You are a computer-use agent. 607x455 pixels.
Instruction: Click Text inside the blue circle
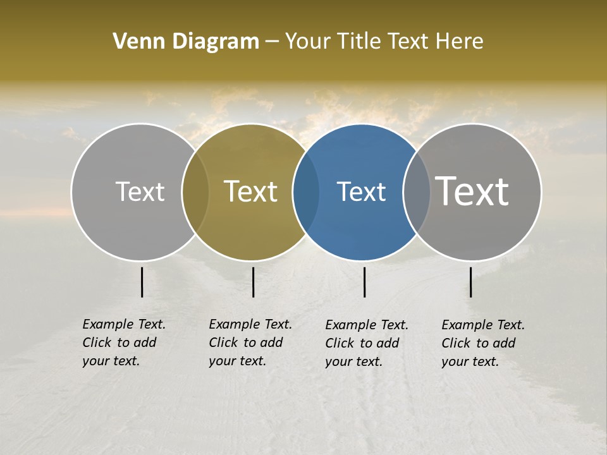[x=361, y=192]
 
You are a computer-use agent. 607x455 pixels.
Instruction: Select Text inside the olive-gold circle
[x=250, y=191]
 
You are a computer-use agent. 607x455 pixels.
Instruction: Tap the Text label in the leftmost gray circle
[x=140, y=191]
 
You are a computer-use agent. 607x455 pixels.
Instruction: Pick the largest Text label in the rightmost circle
[x=472, y=191]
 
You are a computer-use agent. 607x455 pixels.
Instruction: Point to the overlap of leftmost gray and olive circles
[x=195, y=192]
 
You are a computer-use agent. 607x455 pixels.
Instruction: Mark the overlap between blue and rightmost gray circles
[x=416, y=192]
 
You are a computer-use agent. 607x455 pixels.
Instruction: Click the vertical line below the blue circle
[x=365, y=282]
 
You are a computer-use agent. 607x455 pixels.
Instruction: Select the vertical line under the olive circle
[x=254, y=282]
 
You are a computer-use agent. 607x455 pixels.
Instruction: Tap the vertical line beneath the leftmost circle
[x=142, y=282]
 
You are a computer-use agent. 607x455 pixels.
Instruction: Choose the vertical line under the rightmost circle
[x=471, y=282]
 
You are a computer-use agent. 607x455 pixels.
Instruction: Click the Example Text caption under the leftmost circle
[x=124, y=343]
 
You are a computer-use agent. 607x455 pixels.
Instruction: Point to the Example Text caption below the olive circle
[x=250, y=343]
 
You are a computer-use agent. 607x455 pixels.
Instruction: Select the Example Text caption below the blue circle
[x=367, y=343]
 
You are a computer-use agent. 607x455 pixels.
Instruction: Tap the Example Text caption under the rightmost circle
[x=483, y=343]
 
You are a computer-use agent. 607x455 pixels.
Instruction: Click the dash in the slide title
[x=272, y=42]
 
